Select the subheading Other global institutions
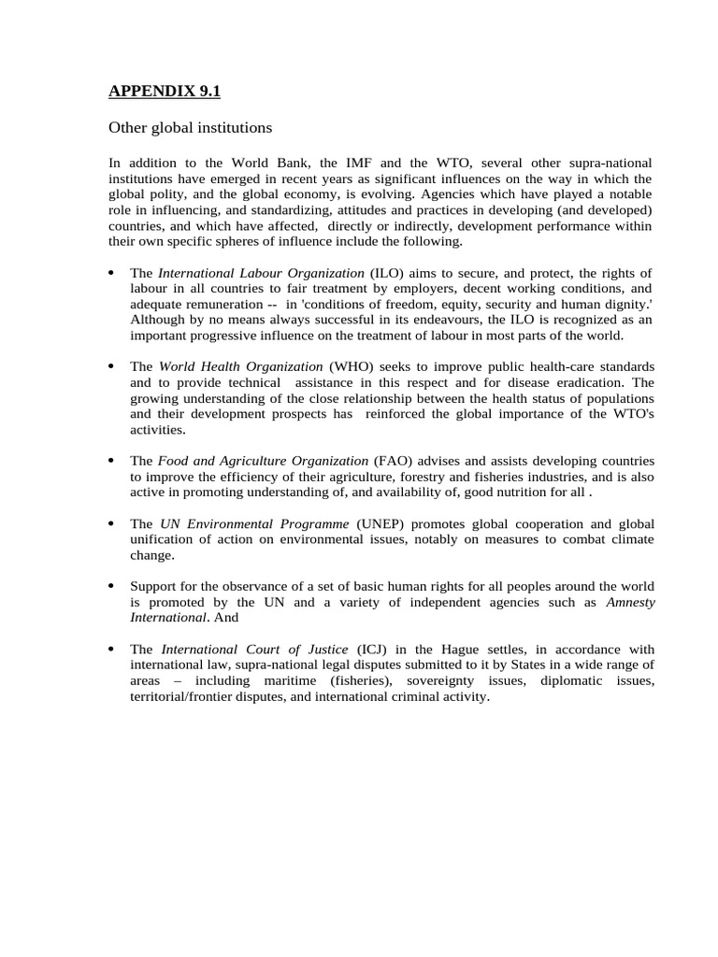tap(190, 126)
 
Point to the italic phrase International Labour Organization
tap(261, 273)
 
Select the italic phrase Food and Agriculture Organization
tap(263, 461)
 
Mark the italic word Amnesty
tap(631, 602)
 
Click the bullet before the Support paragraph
tap(110, 586)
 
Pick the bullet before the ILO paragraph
tap(110, 273)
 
